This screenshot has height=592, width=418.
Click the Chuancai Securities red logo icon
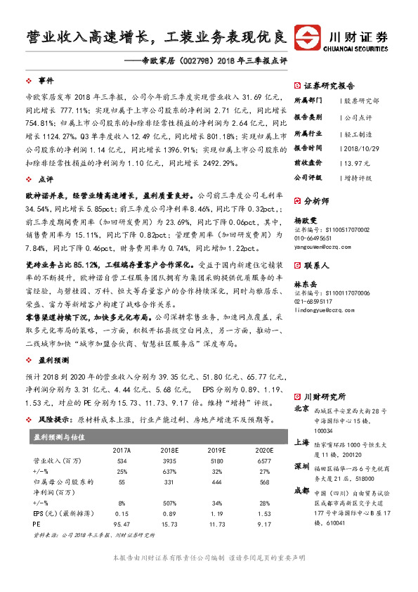coord(306,37)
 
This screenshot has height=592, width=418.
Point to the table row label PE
coord(37,524)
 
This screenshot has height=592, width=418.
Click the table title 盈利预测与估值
coord(59,437)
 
